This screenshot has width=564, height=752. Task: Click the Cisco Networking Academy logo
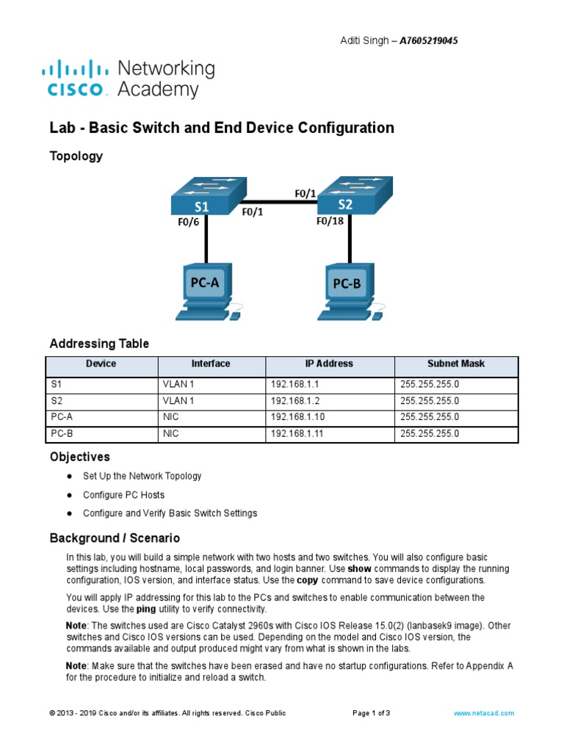coord(129,79)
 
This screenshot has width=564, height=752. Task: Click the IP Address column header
coord(329,364)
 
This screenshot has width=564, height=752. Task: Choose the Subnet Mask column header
coord(456,364)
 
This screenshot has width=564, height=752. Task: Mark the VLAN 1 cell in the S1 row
coord(178,384)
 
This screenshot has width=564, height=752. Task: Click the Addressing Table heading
coord(99,344)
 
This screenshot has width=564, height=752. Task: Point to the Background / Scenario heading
coord(115,538)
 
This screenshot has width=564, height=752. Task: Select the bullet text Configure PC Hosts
coord(124,495)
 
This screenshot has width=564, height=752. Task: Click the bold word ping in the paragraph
coord(146,609)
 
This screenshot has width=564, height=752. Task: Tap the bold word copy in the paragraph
coord(307,579)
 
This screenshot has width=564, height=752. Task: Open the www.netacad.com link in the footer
coord(484,713)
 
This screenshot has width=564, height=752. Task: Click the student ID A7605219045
coord(429,41)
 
